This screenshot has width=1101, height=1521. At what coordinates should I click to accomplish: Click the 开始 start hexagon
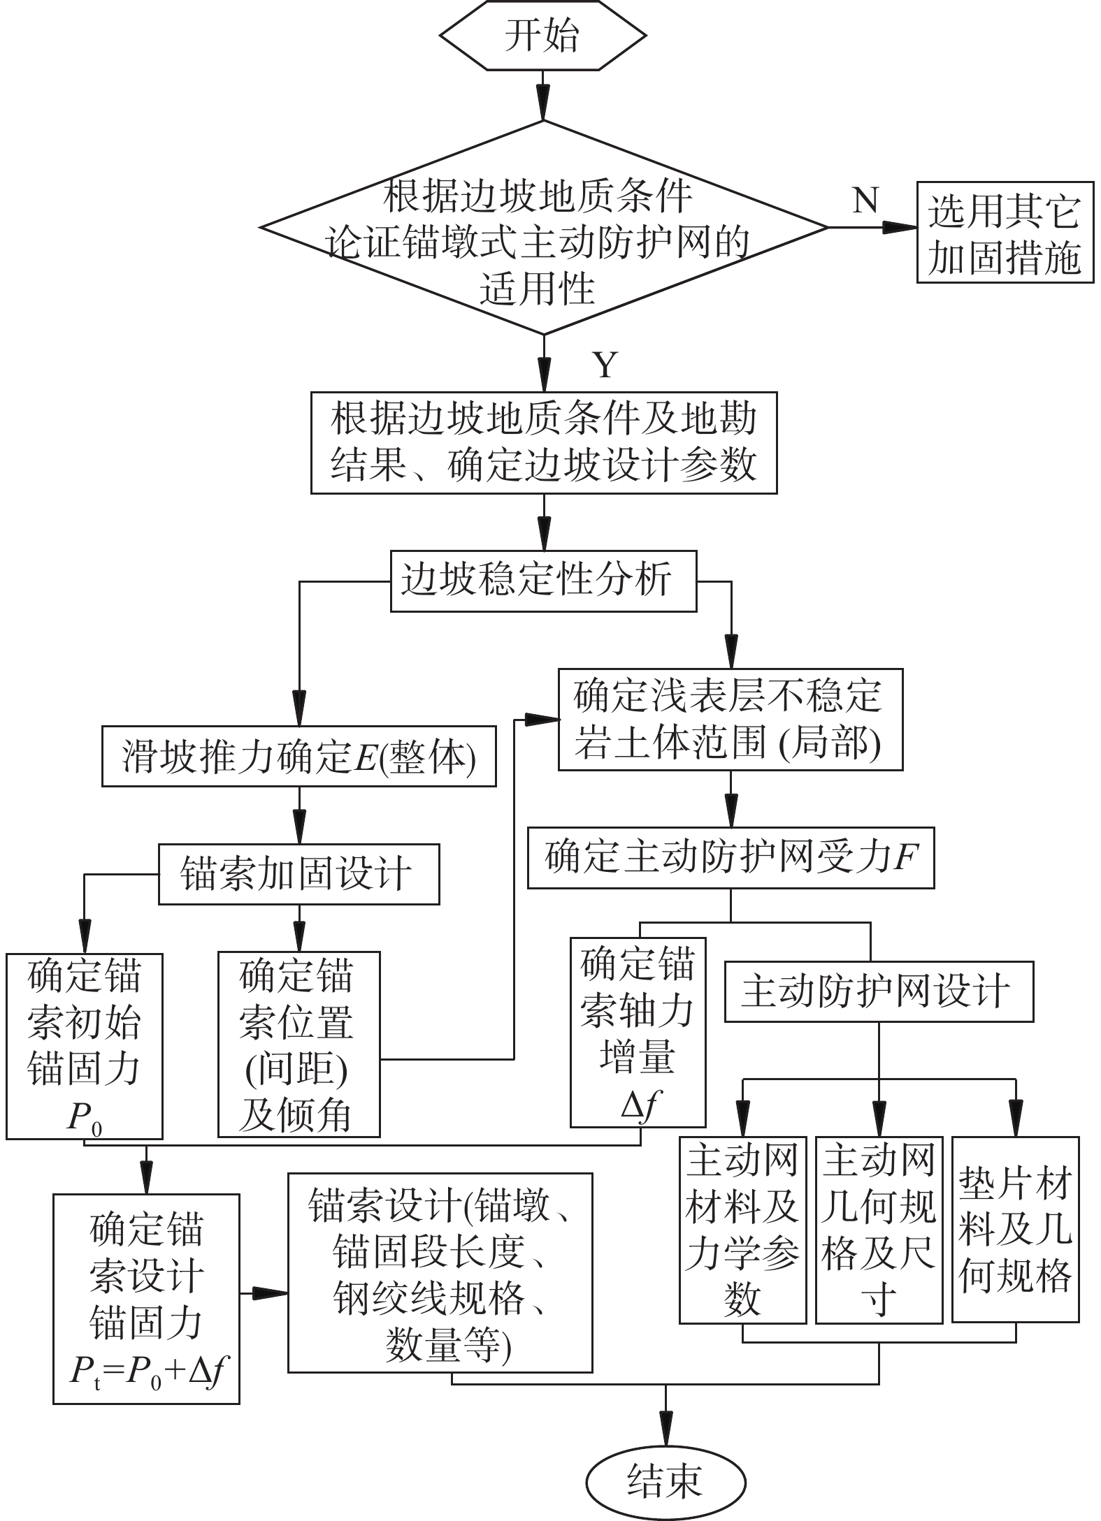point(543,36)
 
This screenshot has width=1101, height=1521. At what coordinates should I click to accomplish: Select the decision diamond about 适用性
point(543,228)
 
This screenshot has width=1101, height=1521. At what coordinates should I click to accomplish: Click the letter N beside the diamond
point(865,201)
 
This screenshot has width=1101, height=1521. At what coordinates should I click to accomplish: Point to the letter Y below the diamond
point(605,365)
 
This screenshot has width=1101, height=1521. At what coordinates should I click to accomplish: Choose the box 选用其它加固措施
point(1005,233)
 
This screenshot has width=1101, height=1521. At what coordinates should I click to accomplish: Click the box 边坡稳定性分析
point(543,581)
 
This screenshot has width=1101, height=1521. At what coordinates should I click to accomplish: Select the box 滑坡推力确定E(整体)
point(298,757)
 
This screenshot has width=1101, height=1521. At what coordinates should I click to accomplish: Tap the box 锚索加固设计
point(298,874)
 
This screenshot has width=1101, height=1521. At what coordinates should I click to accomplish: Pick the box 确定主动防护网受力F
point(731,858)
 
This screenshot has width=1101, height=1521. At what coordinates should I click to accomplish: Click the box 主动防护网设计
point(878,991)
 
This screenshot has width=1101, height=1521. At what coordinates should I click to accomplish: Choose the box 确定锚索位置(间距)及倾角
point(298,1044)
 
